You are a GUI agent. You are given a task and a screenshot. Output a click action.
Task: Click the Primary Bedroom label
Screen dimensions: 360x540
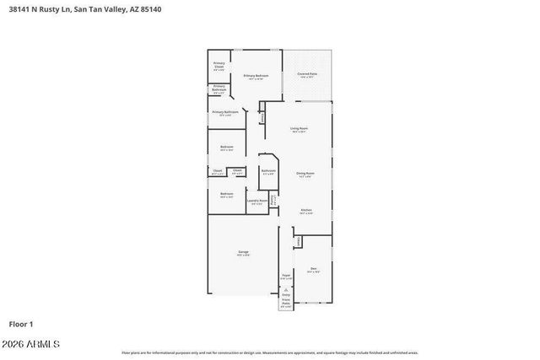(x=256, y=76)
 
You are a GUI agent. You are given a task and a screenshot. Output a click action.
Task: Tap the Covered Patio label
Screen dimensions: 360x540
(x=307, y=74)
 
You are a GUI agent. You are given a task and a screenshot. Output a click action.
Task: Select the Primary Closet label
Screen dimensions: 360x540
(x=219, y=66)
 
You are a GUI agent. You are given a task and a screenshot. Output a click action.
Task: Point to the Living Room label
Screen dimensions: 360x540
(x=299, y=129)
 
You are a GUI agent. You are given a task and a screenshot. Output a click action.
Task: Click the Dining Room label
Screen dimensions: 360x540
(x=305, y=174)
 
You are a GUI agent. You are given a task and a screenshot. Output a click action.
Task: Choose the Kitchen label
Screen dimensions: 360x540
(x=307, y=210)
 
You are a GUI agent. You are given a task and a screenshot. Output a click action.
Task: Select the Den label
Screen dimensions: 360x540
(x=313, y=269)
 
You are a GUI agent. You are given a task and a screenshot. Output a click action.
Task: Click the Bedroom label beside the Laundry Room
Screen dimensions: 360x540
(x=227, y=194)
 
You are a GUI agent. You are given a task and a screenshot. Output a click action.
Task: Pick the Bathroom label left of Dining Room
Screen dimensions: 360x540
(x=268, y=171)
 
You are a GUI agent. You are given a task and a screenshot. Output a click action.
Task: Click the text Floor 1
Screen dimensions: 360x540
(x=21, y=323)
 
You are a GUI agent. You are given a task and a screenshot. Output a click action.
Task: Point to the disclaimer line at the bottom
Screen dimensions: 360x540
(x=270, y=352)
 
